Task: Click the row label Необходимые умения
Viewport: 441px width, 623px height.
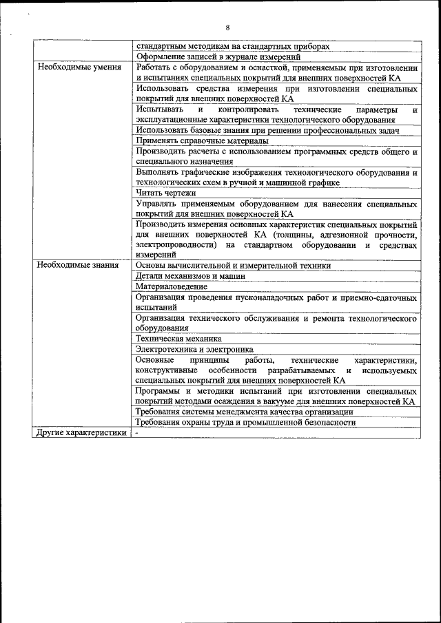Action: [x=79, y=67]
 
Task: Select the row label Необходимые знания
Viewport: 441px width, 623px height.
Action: [x=78, y=264]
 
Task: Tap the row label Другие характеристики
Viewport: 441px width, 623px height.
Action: [x=81, y=433]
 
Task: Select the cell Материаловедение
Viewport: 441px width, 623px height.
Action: [x=172, y=286]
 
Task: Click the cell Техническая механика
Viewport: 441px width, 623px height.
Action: [x=178, y=339]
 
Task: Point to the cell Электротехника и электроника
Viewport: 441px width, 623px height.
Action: [x=194, y=349]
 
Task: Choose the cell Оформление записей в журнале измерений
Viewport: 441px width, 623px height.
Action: [x=218, y=56]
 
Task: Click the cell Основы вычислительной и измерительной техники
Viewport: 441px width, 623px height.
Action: [x=233, y=265]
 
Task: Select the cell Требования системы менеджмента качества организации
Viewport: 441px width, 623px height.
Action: [x=245, y=412]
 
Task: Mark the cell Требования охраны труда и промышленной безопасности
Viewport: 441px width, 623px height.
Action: [x=246, y=423]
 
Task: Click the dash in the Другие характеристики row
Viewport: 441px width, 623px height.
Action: [x=138, y=433]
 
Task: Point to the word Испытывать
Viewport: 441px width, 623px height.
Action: [x=156, y=109]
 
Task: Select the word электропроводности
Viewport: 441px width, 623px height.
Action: [x=177, y=245]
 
